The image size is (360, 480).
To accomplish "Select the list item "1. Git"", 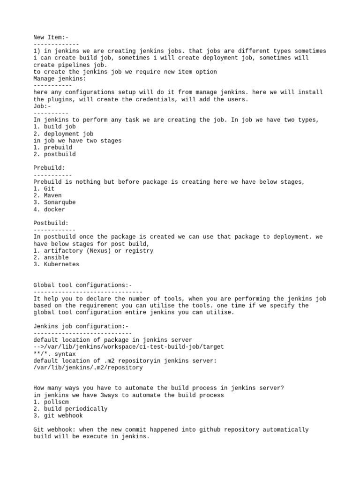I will [x=44, y=188].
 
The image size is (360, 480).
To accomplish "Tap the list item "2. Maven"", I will [x=47, y=195].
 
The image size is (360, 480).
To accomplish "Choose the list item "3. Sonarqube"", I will [x=54, y=202].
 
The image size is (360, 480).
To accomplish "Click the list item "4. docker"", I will [x=49, y=210].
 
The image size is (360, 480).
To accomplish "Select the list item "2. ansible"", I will [x=51, y=257].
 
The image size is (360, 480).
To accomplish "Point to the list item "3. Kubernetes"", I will [x=56, y=264].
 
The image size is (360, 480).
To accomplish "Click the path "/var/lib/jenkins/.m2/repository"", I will [x=88, y=367].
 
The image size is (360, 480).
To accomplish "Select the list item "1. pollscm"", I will [x=51, y=402].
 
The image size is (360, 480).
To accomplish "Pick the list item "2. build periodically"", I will [x=70, y=409].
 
